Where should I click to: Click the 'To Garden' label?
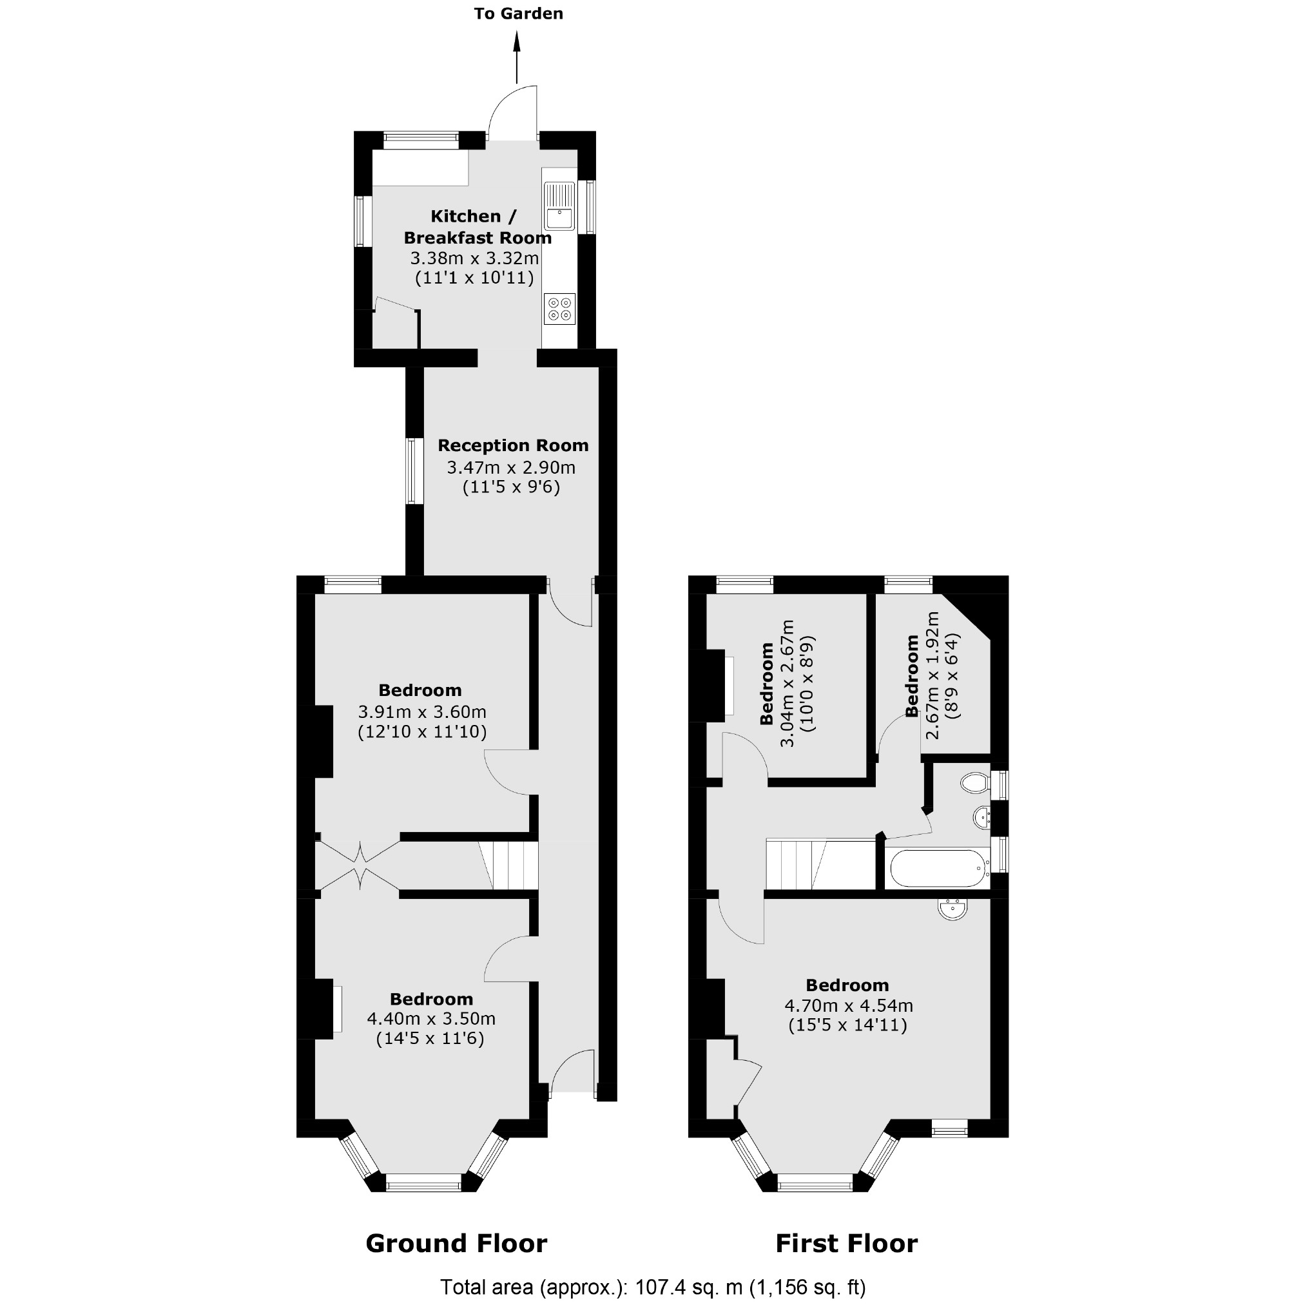(518, 14)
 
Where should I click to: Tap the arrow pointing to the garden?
(517, 57)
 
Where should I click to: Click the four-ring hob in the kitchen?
(559, 309)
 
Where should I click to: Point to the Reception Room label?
(513, 446)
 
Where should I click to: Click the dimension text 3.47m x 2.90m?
(510, 467)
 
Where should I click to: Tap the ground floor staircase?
(509, 866)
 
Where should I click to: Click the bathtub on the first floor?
(938, 869)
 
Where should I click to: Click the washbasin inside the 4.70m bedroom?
(952, 909)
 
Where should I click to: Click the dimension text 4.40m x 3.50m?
(431, 1019)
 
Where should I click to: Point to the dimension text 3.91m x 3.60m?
(421, 712)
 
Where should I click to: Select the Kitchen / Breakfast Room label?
(477, 227)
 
